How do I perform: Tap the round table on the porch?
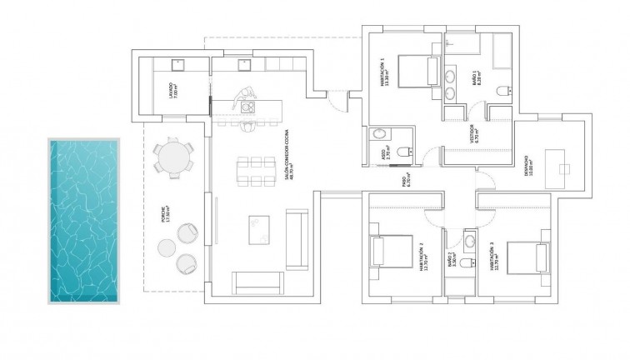173,156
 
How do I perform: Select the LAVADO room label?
170,87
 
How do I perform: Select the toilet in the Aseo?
403,152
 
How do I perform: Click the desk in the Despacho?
555,160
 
